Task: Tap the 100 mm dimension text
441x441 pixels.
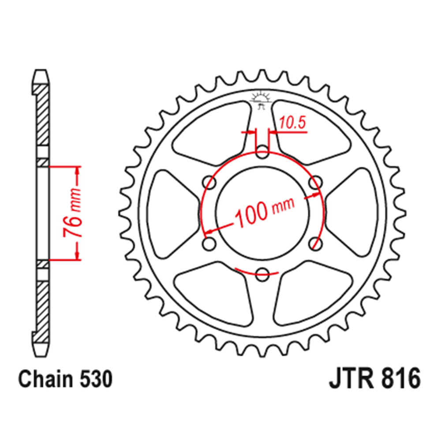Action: pyautogui.click(x=264, y=212)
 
